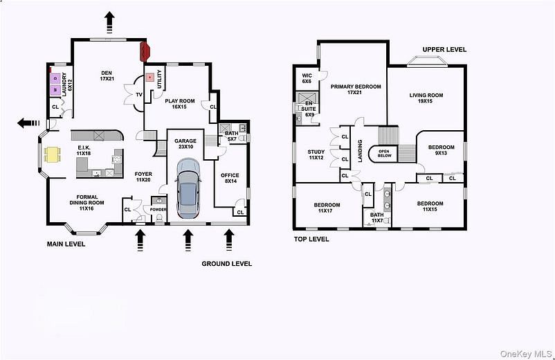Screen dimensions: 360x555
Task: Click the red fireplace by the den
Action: tap(146, 51)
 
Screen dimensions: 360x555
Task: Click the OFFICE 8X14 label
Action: tap(229, 179)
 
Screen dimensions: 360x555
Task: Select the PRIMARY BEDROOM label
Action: tap(355, 89)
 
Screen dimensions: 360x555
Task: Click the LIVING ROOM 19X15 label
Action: tap(426, 98)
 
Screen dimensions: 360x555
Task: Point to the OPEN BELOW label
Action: tap(384, 153)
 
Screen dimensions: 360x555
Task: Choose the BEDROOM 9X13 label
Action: tap(441, 150)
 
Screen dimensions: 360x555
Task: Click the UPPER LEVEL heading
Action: tap(444, 50)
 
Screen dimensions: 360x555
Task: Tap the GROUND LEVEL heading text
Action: tap(226, 264)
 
